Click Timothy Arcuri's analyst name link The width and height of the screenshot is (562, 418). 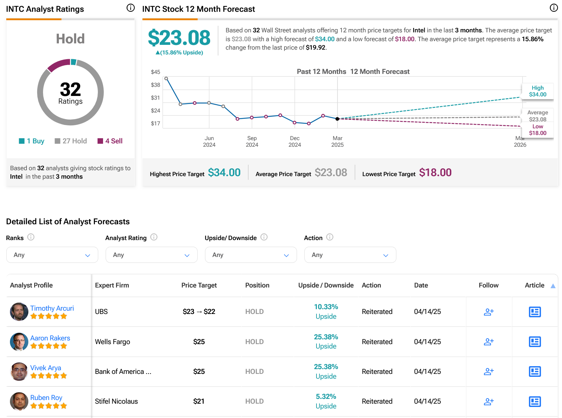tap(52, 308)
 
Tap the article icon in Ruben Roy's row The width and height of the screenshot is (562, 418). tap(535, 401)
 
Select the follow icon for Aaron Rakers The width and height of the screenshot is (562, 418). tap(488, 342)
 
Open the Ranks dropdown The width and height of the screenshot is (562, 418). tap(52, 255)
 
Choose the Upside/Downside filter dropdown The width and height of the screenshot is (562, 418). tap(251, 255)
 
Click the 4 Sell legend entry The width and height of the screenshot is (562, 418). tap(110, 141)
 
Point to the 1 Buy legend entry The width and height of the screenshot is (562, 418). tap(31, 141)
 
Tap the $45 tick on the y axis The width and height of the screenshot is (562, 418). tap(155, 72)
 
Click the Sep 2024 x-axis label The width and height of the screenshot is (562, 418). tap(252, 142)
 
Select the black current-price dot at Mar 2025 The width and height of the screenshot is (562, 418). tap(337, 119)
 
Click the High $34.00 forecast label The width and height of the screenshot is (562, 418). tap(537, 91)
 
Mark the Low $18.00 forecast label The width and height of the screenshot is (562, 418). tap(537, 130)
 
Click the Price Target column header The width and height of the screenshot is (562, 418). tap(199, 285)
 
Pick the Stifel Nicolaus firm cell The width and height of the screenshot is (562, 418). tap(116, 401)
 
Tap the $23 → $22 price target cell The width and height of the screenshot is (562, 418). tap(199, 311)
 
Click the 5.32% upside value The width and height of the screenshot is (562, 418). tap(326, 396)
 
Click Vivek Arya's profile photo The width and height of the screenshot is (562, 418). tap(19, 371)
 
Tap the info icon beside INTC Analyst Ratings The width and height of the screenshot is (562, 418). tap(131, 8)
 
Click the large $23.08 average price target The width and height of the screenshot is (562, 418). tap(179, 38)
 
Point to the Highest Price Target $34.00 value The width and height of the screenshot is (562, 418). tap(224, 173)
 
